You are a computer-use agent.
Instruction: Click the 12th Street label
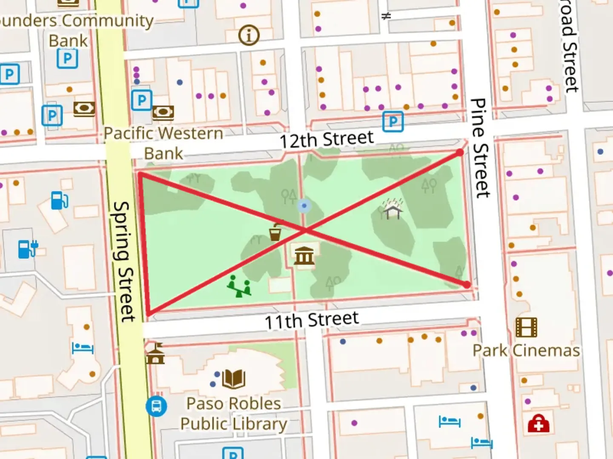[x=327, y=139]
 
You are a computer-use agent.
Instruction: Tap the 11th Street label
[x=312, y=320]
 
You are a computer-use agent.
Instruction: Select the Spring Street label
[x=124, y=261]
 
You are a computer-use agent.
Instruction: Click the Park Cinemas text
[x=526, y=351]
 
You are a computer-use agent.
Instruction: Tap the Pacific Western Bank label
[x=163, y=143]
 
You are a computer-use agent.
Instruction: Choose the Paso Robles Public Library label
[x=234, y=414]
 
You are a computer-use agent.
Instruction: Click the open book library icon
[x=233, y=379]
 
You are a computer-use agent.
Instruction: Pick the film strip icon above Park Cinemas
[x=526, y=327]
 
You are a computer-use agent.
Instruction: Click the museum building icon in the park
[x=304, y=255]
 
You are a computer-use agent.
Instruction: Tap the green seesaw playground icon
[x=239, y=286]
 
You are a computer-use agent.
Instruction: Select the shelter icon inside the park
[x=393, y=209]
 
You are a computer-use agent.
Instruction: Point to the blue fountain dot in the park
[x=304, y=206]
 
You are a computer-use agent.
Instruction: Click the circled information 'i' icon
[x=249, y=35]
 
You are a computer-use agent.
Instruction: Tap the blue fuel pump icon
[x=60, y=200]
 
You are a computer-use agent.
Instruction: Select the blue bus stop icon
[x=156, y=406]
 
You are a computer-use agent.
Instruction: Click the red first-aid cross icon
[x=539, y=424]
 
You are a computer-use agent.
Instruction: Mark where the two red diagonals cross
[x=305, y=230]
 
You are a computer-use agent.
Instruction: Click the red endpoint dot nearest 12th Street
[x=460, y=152]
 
